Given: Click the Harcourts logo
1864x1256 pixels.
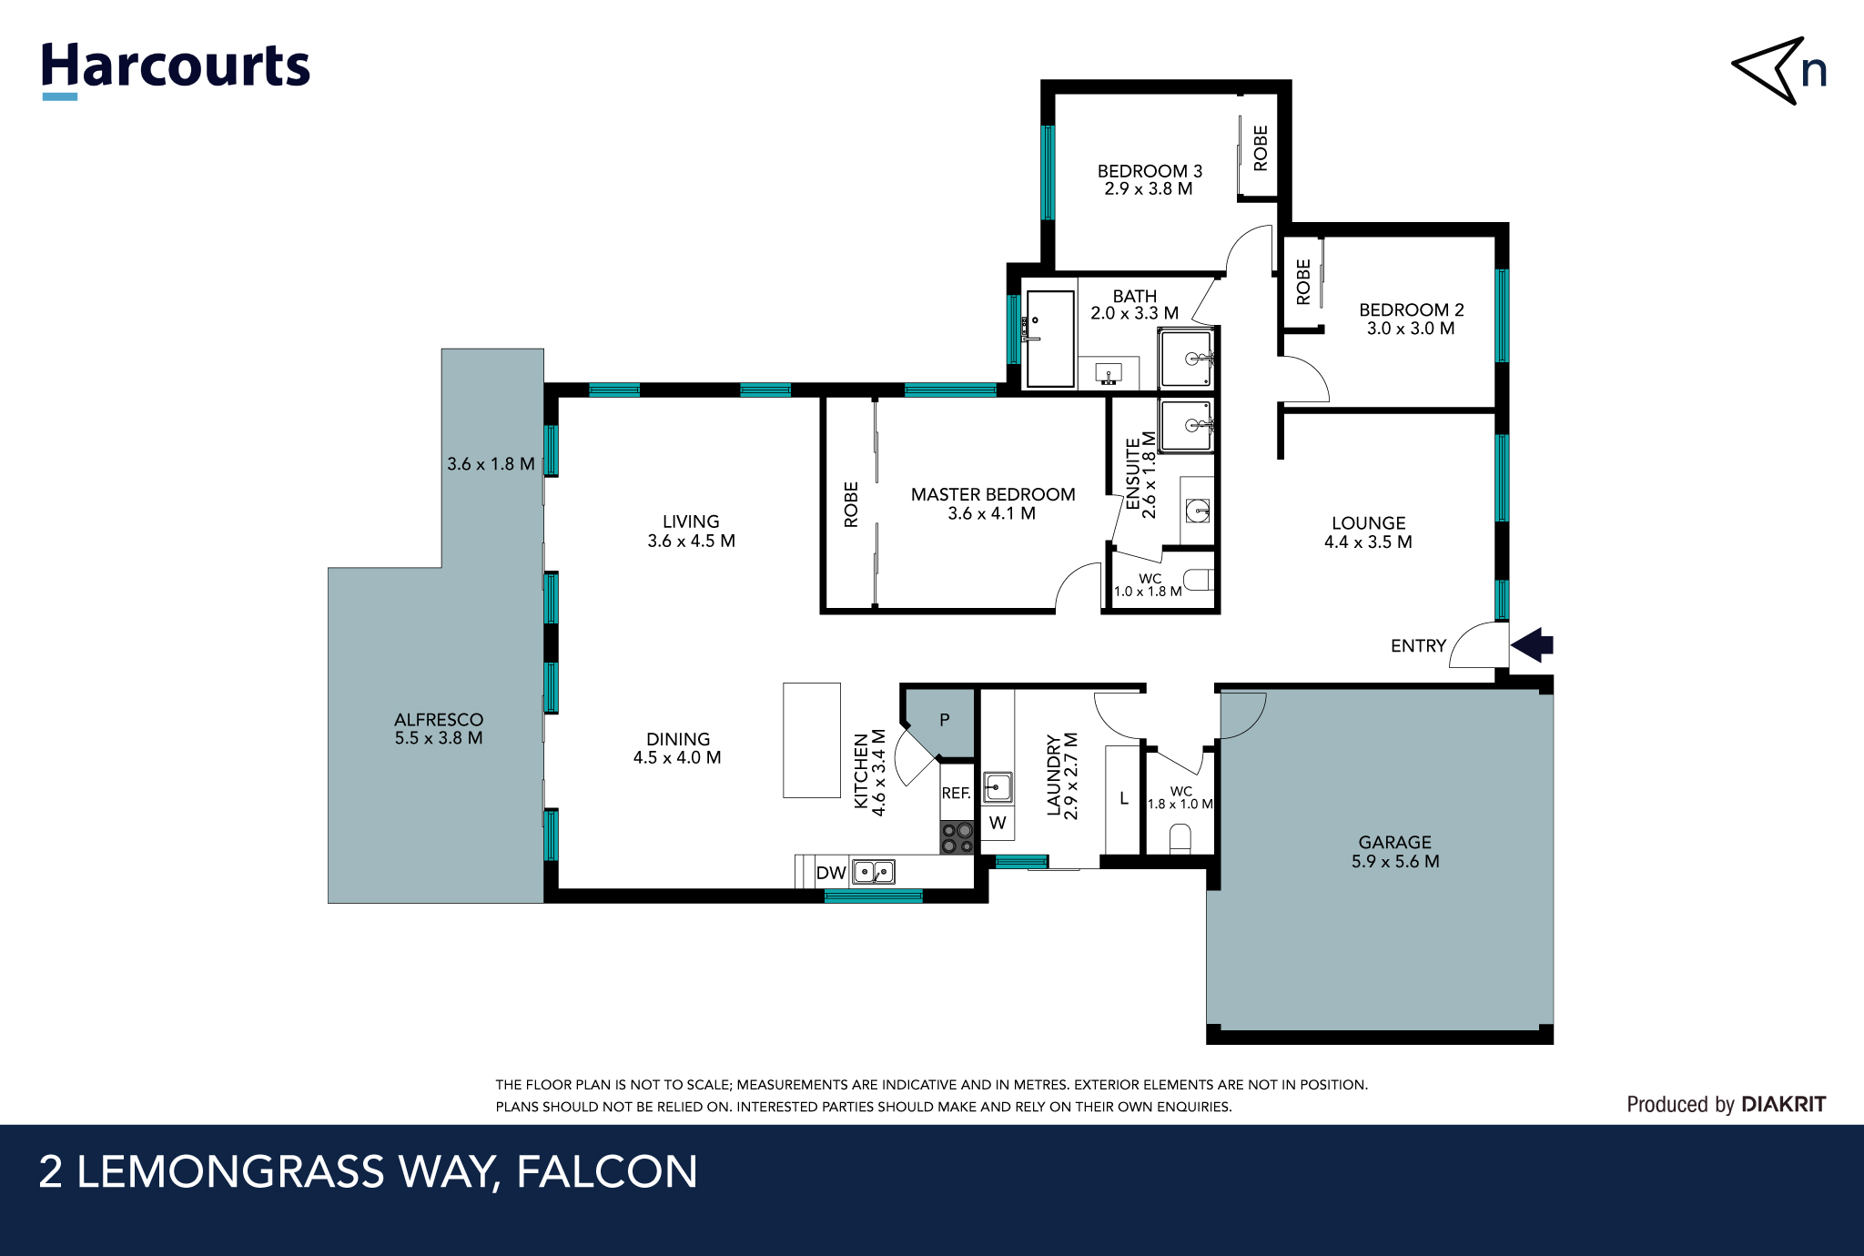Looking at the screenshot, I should coord(175,68).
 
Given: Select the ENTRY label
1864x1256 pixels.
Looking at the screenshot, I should coord(1418,646).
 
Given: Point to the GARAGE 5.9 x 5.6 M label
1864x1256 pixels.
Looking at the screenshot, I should coord(1394,852).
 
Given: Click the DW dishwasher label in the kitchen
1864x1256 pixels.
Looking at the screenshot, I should coord(831,873).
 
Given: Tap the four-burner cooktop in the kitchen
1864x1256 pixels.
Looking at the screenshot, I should coord(957,838).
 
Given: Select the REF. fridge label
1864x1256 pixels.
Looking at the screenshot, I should coord(956,793).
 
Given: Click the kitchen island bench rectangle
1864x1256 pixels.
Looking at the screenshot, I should coord(811,740).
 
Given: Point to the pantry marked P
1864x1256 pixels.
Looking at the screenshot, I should coord(945,720).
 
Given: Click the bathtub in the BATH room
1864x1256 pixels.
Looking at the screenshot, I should coord(1049,339).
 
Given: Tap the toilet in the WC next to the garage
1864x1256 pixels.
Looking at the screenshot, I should coord(1180,838).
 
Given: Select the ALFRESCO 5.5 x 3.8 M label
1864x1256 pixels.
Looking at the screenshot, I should coord(439,729).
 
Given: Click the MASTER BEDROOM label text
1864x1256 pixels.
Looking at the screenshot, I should coord(993,494).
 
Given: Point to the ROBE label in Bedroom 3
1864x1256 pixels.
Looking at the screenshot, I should coord(1261,148).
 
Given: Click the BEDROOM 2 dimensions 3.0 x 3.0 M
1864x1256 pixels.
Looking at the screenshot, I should coord(1411,329).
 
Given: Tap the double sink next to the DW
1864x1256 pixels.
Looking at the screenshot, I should coord(874,873).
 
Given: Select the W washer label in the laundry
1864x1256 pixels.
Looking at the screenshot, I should coord(998,823).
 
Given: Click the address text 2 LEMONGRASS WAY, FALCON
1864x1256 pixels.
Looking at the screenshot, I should coord(368,1171).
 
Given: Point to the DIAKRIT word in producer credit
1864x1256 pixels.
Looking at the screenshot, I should coord(1783,1104).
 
